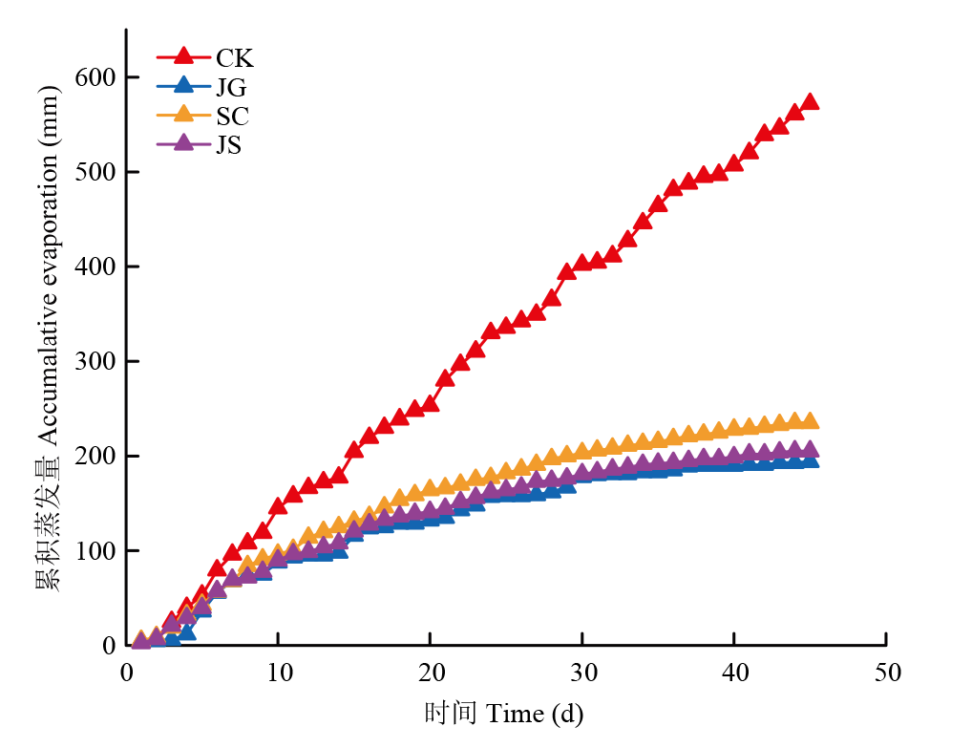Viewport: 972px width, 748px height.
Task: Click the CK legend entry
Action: point(233,58)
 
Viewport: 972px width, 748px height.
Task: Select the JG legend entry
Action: point(231,88)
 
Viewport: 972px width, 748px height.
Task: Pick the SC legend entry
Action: point(232,117)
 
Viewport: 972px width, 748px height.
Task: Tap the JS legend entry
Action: point(229,145)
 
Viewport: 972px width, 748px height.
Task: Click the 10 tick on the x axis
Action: point(278,673)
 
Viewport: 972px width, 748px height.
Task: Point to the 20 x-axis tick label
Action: point(430,673)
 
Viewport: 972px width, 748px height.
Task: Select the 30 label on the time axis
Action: point(582,673)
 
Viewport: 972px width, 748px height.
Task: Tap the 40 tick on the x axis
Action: point(734,673)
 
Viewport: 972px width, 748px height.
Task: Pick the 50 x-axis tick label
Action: point(887,673)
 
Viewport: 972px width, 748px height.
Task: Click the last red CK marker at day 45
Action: point(811,102)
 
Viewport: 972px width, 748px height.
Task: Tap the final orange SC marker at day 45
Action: point(811,420)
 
